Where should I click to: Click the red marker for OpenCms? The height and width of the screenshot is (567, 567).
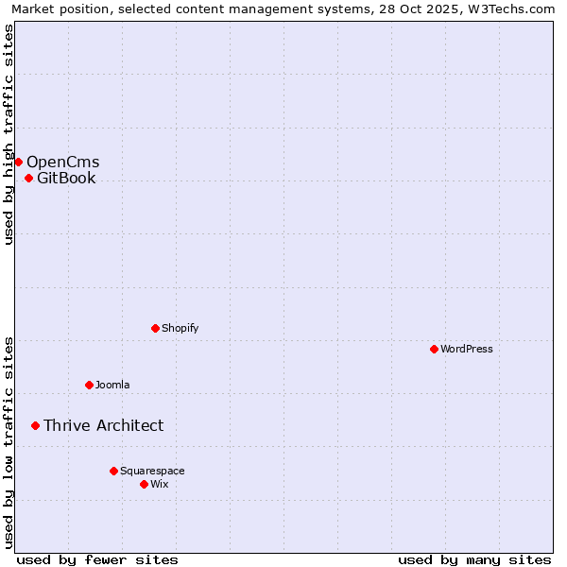tap(18, 162)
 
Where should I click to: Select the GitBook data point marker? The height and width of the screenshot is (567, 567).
tap(28, 178)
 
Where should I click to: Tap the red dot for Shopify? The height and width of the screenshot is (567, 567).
tap(155, 328)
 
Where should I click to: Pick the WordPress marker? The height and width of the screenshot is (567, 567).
tap(434, 349)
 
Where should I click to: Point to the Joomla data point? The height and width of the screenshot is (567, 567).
tap(89, 385)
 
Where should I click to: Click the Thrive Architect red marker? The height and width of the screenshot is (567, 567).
tap(35, 425)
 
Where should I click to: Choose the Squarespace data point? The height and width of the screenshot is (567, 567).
tap(113, 471)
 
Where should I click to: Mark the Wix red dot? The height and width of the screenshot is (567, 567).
tap(144, 484)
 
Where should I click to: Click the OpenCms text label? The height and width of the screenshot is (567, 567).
tap(62, 162)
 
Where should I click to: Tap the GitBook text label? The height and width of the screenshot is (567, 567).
tap(66, 178)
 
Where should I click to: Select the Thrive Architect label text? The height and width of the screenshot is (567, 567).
tap(103, 425)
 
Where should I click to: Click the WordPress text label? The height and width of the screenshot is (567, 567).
tap(467, 349)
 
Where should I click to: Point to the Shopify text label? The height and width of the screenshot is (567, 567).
tap(180, 328)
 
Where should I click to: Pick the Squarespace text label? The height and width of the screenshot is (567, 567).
tap(152, 471)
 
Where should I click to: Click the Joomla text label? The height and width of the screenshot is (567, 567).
tap(112, 385)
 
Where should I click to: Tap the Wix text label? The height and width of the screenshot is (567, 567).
tap(160, 484)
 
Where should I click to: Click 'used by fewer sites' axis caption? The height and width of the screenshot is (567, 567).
tap(97, 559)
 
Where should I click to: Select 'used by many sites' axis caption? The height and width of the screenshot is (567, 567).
tap(474, 559)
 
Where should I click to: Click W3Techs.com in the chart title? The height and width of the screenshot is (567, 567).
tap(515, 9)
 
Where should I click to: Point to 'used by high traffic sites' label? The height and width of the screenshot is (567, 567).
tap(9, 134)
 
